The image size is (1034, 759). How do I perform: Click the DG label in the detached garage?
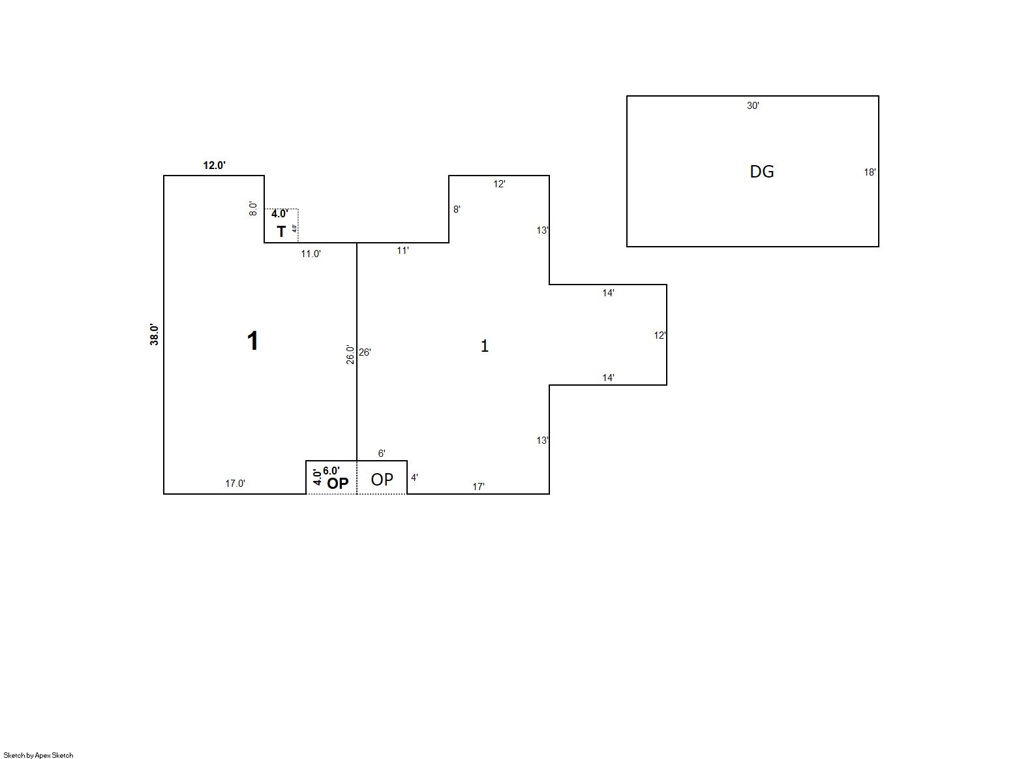pyautogui.click(x=762, y=172)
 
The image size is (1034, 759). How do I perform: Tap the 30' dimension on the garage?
pyautogui.click(x=753, y=106)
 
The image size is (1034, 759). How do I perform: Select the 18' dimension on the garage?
pyautogui.click(x=870, y=172)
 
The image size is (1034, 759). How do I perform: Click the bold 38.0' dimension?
pyautogui.click(x=154, y=335)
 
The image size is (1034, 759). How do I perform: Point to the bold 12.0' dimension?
pyautogui.click(x=214, y=165)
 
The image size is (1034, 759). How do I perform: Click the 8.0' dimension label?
pyautogui.click(x=253, y=209)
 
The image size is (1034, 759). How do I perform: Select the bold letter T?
pyautogui.click(x=281, y=231)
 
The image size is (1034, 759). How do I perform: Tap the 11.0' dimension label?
pyautogui.click(x=311, y=254)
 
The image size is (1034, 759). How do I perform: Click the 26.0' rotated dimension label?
pyautogui.click(x=350, y=355)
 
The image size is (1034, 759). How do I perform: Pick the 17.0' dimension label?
pyautogui.click(x=235, y=484)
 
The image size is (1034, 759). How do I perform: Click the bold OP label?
pyautogui.click(x=337, y=484)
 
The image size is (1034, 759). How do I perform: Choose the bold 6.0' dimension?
pyautogui.click(x=331, y=471)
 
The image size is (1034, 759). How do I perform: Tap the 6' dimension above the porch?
pyautogui.click(x=382, y=454)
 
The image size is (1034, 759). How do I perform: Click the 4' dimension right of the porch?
pyautogui.click(x=414, y=478)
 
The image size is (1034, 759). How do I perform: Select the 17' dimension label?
pyautogui.click(x=478, y=487)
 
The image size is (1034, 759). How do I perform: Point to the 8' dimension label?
pyautogui.click(x=457, y=209)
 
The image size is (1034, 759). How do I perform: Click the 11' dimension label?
pyautogui.click(x=403, y=251)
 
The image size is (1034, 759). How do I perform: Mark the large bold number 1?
pyautogui.click(x=252, y=341)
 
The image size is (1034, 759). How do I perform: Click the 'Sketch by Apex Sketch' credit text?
pyautogui.click(x=38, y=755)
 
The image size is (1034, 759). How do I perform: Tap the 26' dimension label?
pyautogui.click(x=365, y=352)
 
